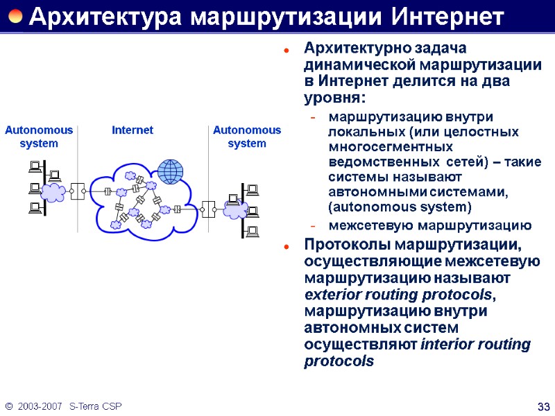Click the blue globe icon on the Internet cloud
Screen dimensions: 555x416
point(170,170)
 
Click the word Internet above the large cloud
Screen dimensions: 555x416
point(133,130)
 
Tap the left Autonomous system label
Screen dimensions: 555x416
point(39,137)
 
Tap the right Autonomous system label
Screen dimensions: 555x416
point(247,137)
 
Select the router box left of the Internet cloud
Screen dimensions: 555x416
point(77,189)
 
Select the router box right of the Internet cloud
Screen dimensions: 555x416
point(207,207)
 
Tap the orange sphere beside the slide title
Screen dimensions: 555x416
point(15,16)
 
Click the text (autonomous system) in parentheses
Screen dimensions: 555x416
point(399,207)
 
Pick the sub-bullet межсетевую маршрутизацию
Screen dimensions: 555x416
point(430,226)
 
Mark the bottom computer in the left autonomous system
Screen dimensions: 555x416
point(35,207)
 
